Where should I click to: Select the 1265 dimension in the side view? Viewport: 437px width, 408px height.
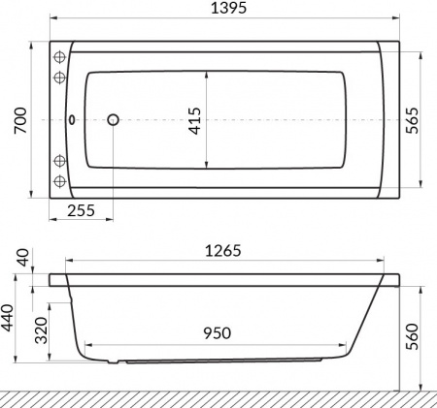(221, 249)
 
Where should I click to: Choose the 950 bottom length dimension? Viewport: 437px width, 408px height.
(216, 332)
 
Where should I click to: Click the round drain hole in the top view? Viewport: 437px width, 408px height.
(113, 120)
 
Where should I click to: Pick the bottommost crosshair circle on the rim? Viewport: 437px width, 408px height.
(59, 181)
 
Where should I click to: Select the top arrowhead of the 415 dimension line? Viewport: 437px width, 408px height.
(205, 75)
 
